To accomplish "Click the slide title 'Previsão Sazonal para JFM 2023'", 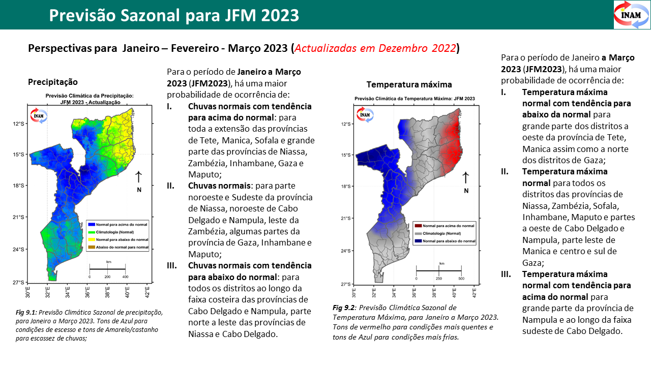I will (174, 15).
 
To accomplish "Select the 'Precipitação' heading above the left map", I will (53, 82).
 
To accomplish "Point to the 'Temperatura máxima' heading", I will (409, 84).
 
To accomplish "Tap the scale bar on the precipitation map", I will (107, 269).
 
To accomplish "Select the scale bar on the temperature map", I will (438, 271).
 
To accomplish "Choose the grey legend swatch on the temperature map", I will (419, 233).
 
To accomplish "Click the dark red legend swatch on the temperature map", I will (419, 225).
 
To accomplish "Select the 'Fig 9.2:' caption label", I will (343, 308).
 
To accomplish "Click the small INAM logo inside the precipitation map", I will (39, 115).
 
